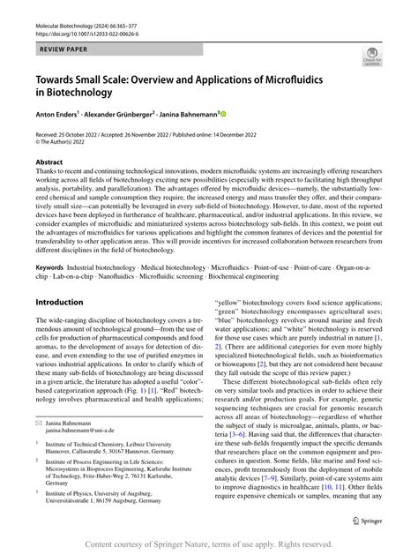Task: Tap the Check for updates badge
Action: coord(369,58)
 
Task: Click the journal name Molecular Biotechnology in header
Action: coord(74,8)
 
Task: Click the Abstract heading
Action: coord(49,162)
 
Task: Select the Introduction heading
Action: coord(59,302)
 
